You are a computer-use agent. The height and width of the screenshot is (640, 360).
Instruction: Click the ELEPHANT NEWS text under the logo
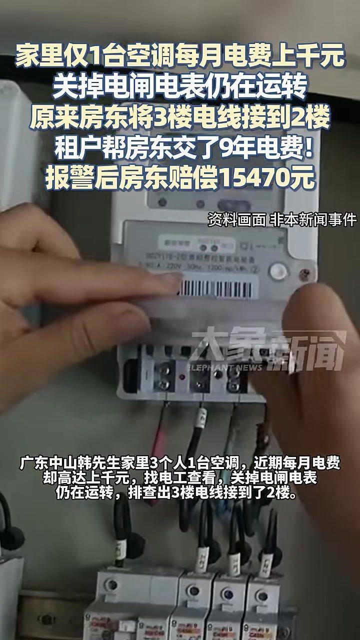pos(224,367)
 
